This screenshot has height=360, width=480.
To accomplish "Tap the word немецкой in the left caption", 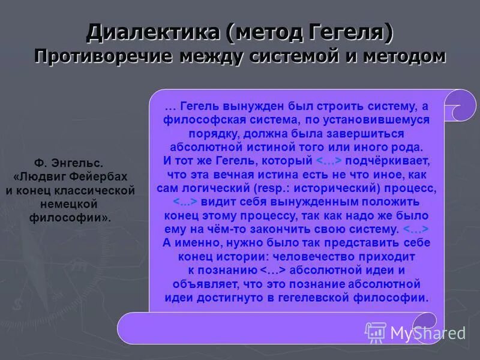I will point(70,204).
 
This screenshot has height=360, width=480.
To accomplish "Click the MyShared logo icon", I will point(376,332).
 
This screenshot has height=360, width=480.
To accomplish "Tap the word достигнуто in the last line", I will point(248,298).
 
